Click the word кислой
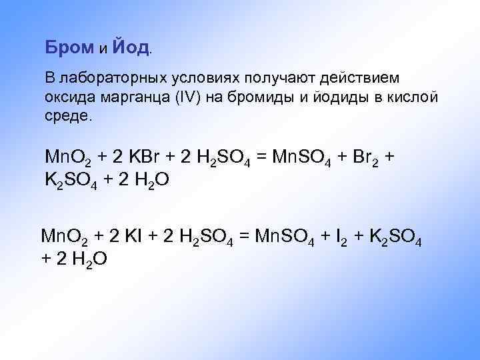click(x=412, y=97)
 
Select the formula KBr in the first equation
click(x=143, y=157)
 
